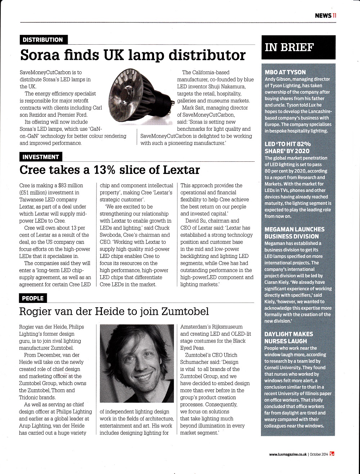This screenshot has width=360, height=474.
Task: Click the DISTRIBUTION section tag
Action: pyautogui.click(x=42, y=40)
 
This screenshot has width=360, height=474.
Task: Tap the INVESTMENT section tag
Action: pyautogui.click(x=40, y=157)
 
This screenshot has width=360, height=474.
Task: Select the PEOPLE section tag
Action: pyautogui.click(x=32, y=298)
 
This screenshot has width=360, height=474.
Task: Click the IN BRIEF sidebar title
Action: pyautogui.click(x=289, y=47)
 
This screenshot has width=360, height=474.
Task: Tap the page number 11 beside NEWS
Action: pyautogui.click(x=334, y=15)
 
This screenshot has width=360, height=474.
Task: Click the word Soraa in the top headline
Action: pyautogui.click(x=41, y=55)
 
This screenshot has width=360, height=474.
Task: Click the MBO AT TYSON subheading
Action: pyautogui.click(x=285, y=72)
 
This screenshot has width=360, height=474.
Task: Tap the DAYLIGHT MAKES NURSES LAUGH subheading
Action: pyautogui.click(x=289, y=337)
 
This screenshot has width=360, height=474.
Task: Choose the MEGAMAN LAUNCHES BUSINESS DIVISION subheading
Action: pyautogui.click(x=294, y=233)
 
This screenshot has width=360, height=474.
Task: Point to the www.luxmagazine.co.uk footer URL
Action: pyautogui.click(x=288, y=455)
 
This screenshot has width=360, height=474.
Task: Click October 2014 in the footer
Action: pyautogui.click(x=319, y=455)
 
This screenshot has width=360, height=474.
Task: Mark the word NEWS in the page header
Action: pyautogui.click(x=323, y=15)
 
